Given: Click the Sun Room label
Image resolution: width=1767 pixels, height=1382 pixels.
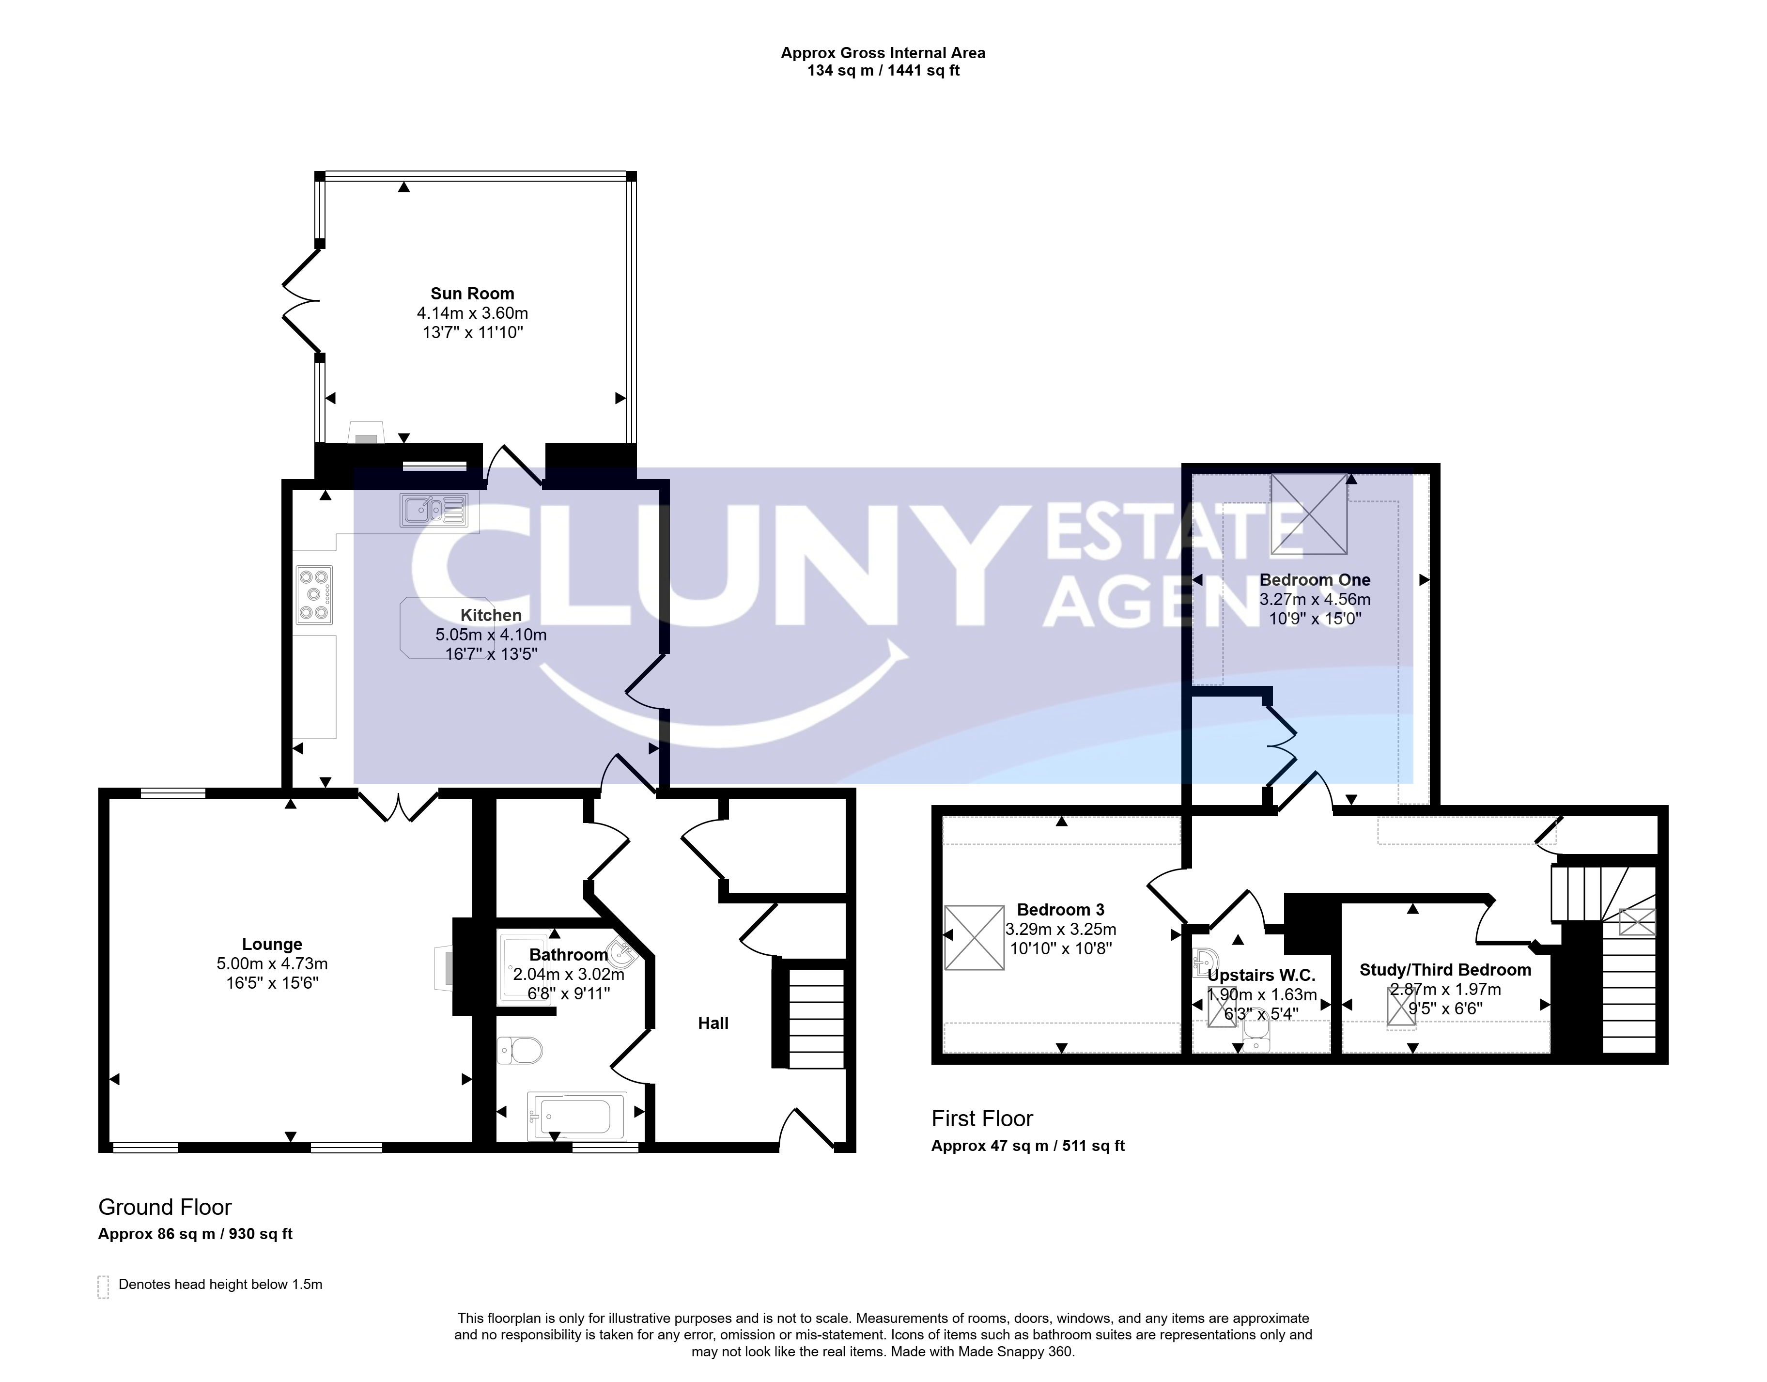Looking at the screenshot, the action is (472, 294).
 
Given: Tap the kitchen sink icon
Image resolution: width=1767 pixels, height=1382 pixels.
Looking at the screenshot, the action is (433, 510).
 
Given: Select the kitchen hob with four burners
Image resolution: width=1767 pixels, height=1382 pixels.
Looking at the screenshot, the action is (314, 595).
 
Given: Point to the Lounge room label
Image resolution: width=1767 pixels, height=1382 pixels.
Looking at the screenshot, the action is (272, 944).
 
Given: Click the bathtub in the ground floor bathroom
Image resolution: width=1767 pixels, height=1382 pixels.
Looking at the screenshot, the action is (577, 1116).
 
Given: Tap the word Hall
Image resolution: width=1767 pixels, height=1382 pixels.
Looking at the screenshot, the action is (713, 1024).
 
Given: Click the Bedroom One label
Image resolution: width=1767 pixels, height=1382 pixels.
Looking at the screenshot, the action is (1315, 580).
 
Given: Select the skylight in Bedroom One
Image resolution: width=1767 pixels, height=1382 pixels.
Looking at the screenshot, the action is (1308, 514).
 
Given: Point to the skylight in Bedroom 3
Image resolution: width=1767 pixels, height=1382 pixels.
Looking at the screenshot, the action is (974, 937).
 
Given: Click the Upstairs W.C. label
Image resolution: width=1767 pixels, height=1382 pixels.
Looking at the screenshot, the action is (1261, 976).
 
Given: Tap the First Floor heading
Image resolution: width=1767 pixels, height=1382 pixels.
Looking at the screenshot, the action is (982, 1119).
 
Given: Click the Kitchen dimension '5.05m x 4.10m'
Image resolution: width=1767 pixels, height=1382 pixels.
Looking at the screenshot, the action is (491, 635).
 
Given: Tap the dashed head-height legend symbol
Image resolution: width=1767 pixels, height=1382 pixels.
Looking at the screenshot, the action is (103, 1288).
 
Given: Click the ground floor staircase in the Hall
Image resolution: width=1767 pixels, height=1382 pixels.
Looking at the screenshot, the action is (816, 1018).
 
